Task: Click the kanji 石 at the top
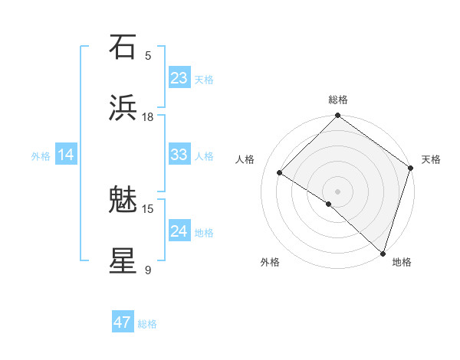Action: coord(123,47)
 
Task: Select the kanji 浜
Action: coord(123,108)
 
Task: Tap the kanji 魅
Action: coord(123,200)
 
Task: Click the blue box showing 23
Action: coord(179,77)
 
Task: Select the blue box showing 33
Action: coord(179,155)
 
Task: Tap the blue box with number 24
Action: coord(179,231)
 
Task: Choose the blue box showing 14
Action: coord(66,155)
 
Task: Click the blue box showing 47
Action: coord(123,322)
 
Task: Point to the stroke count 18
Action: coord(148,116)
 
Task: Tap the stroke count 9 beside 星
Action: coord(148,270)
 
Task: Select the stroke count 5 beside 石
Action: coord(148,55)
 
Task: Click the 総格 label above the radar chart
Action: coord(338,100)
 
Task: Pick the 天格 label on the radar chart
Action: coord(431,159)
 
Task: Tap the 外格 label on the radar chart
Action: coord(270,262)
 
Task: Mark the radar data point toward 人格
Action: coord(280,172)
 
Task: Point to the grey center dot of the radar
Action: coord(338,191)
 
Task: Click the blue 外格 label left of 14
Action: coord(41,155)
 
